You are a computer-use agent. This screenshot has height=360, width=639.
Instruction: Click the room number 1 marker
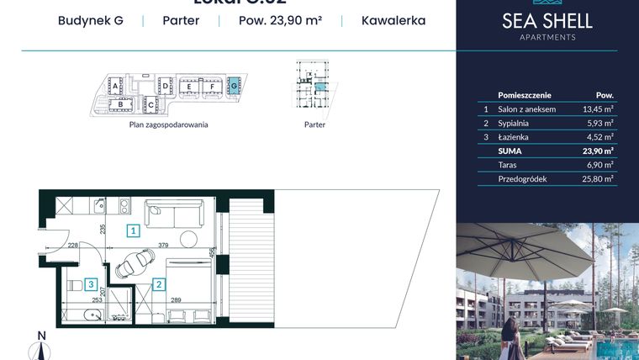pos(133,230)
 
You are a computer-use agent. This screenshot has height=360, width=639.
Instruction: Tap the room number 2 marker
pos(159,284)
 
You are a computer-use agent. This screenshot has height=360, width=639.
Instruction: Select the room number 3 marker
pos(90,284)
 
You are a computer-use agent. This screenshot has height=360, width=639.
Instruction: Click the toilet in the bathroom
pos(73,285)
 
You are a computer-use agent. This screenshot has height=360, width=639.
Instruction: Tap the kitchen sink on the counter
pos(99,206)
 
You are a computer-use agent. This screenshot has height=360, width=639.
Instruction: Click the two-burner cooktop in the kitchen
pos(123,205)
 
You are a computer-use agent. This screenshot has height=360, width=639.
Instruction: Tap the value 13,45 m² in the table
pos(597,109)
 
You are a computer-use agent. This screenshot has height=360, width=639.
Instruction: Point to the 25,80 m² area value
pos(597,178)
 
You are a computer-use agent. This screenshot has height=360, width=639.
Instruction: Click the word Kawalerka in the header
pos(393,20)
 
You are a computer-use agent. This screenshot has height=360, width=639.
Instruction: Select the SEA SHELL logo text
pos(547,21)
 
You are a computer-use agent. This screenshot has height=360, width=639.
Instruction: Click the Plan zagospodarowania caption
pos(168,124)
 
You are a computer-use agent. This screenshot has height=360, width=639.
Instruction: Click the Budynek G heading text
pos(91,20)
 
